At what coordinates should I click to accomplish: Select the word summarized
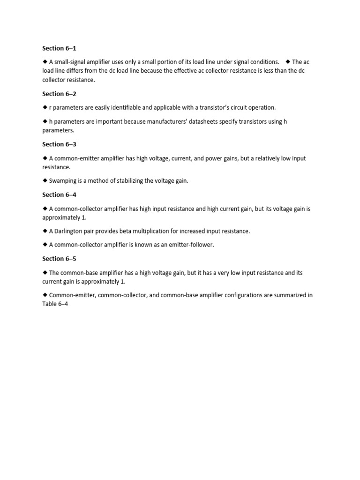(x=290, y=295)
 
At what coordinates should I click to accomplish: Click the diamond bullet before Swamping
(x=45, y=180)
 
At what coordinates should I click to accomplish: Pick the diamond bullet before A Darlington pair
(x=45, y=231)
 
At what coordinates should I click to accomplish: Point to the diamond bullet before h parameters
(x=45, y=121)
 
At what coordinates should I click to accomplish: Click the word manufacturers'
(x=162, y=122)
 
